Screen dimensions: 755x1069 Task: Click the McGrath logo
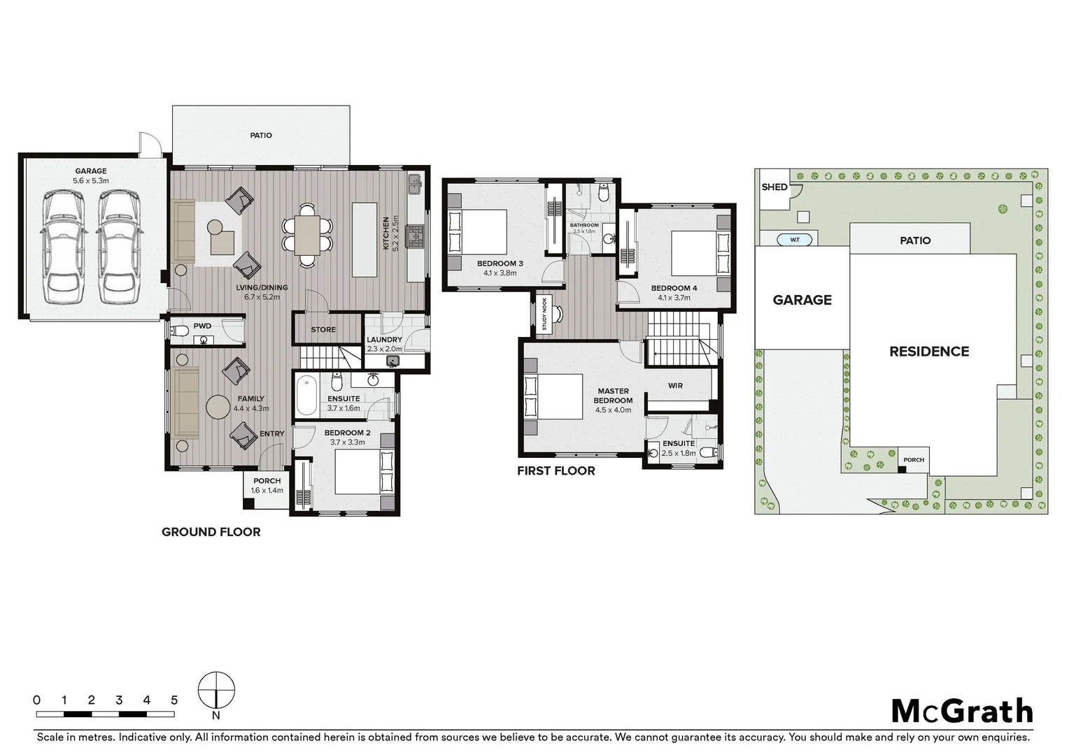click(x=962, y=712)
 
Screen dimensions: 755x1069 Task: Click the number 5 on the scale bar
click(x=174, y=700)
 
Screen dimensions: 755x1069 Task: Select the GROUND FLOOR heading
click(x=211, y=532)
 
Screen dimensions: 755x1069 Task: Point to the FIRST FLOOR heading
click(x=555, y=471)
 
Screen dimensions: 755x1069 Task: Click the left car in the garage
click(x=64, y=247)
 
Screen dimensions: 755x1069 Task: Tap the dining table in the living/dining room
click(x=307, y=235)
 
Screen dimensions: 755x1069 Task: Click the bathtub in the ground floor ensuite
click(x=307, y=395)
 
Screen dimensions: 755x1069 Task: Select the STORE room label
click(x=323, y=329)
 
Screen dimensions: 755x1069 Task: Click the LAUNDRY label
click(x=384, y=340)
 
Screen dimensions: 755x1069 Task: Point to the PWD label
click(x=202, y=326)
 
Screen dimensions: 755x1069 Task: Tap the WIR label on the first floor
click(x=675, y=385)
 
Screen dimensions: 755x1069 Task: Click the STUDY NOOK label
click(x=544, y=314)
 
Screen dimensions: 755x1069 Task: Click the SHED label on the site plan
click(x=774, y=187)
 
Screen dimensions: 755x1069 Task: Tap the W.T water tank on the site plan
click(x=795, y=240)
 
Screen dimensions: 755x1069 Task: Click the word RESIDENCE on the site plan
click(x=928, y=352)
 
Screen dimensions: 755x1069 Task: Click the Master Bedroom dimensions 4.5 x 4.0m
click(x=613, y=410)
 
